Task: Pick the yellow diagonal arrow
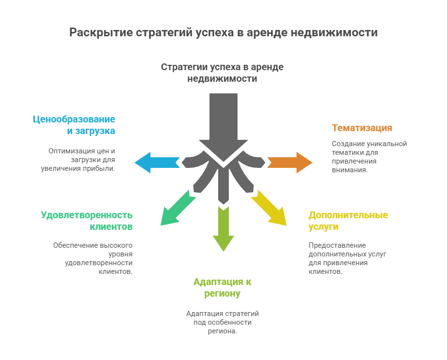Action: click(x=270, y=208)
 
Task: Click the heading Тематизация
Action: click(x=362, y=128)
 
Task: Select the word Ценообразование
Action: click(x=74, y=119)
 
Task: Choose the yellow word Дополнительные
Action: click(x=348, y=215)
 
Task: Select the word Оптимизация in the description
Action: click(x=71, y=151)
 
